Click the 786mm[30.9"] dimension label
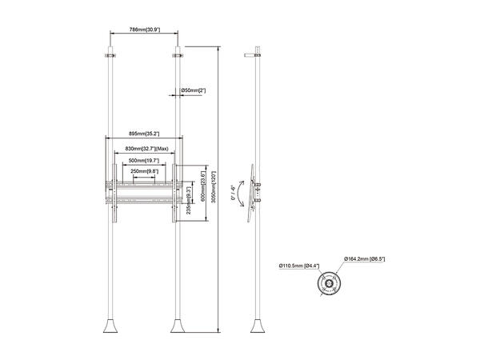pos(145,30)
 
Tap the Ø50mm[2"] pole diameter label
pos(194,90)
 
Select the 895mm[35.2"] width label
pos(144,134)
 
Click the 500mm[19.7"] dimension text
pos(145,161)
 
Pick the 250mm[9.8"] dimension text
pos(145,171)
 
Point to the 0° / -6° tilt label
pos(232,191)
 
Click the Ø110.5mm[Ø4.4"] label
pos(298,266)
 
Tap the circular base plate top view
pos(330,286)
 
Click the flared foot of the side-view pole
pos(258,328)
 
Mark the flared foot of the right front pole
pos(178,328)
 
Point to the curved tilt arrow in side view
pos(242,192)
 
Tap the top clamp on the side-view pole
pos(258,54)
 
